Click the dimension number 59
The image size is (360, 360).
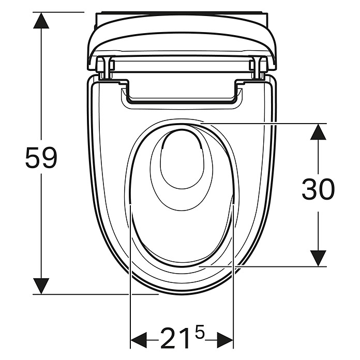(41, 157)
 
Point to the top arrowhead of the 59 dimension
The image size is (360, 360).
(41, 20)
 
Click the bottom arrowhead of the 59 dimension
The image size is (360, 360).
(41, 286)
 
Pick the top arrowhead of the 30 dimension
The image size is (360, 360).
(318, 131)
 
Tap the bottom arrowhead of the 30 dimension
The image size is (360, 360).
(318, 259)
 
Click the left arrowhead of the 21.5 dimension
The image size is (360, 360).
(139, 340)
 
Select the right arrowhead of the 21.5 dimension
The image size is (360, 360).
(225, 340)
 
